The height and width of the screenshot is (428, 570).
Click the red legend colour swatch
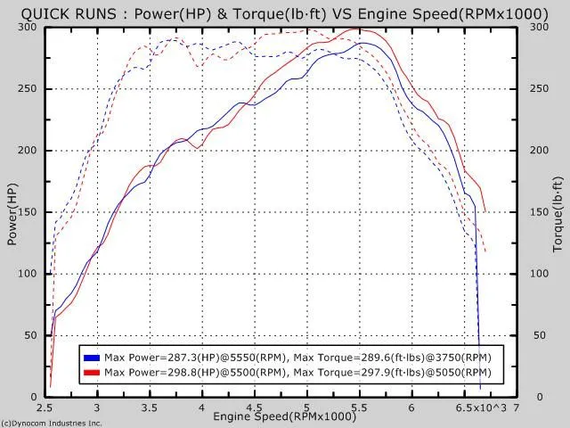pos(91,371)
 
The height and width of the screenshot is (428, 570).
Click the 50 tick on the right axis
pos(540,335)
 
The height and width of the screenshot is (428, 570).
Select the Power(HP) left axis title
pos(12,211)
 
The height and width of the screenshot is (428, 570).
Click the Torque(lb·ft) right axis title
pos(558,211)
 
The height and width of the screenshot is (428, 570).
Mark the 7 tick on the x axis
pos(516,407)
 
